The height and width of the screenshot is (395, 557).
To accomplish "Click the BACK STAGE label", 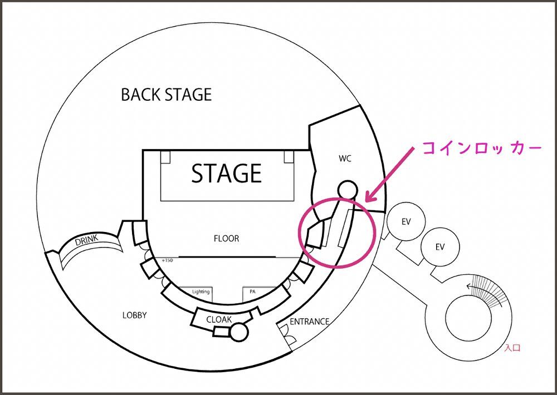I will click(x=167, y=95).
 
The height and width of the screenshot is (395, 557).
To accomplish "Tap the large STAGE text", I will click(x=226, y=174).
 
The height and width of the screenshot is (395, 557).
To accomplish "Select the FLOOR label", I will click(x=226, y=239).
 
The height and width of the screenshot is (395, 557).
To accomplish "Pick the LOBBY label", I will click(x=134, y=315).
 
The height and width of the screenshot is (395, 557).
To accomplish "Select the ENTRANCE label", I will click(x=310, y=322).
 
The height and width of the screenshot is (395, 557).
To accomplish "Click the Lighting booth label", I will click(x=201, y=292).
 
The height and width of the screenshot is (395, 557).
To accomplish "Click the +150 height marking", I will click(x=167, y=260).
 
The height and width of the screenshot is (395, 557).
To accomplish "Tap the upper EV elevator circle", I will click(x=406, y=221).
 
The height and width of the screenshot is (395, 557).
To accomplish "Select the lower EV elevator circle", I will click(x=440, y=247).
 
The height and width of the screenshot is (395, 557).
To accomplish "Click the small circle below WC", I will click(x=347, y=190).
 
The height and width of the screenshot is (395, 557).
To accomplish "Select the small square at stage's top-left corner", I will click(x=166, y=156).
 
